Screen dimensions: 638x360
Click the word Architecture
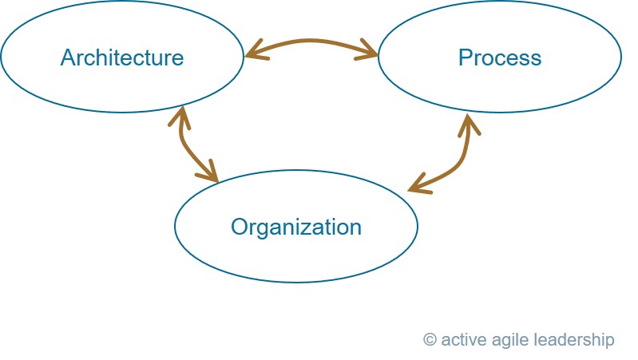pyautogui.click(x=122, y=57)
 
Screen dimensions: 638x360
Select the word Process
pyautogui.click(x=500, y=57)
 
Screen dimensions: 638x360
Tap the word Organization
pyautogui.click(x=295, y=227)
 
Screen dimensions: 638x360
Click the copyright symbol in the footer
pyautogui.click(x=430, y=339)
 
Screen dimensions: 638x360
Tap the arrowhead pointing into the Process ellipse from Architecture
pyautogui.click(x=367, y=50)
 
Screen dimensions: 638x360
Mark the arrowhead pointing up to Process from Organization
pyautogui.click(x=470, y=125)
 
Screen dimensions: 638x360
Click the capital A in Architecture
pyautogui.click(x=68, y=57)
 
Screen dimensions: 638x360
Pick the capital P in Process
pyautogui.click(x=465, y=57)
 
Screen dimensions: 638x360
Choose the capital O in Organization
pyautogui.click(x=240, y=227)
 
